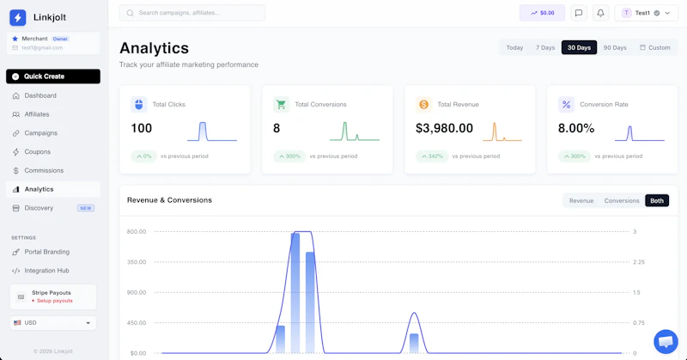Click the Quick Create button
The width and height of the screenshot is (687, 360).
(x=53, y=76)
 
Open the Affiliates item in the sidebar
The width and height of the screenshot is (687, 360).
(x=37, y=114)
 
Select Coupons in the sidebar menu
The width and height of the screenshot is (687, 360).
(x=37, y=152)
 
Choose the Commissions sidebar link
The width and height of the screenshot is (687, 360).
(x=44, y=171)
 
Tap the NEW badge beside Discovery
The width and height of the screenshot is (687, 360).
(x=86, y=208)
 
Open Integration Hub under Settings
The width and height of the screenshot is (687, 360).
(x=46, y=271)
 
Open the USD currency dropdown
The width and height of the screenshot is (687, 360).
(x=53, y=323)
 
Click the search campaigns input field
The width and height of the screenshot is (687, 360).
(x=192, y=13)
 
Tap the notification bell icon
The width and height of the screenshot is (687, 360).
(x=600, y=13)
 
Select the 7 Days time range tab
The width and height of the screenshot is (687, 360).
(x=545, y=47)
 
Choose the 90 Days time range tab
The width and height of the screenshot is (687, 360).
(x=615, y=47)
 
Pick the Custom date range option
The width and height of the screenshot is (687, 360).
(x=655, y=47)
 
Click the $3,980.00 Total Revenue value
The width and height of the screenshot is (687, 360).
(x=444, y=128)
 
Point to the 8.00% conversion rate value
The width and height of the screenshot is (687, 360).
(x=576, y=128)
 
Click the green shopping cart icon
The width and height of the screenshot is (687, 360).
(x=281, y=104)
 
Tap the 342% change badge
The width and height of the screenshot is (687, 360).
(x=432, y=156)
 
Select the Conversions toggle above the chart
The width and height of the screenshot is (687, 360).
(x=622, y=201)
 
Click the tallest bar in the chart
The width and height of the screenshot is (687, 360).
(x=295, y=293)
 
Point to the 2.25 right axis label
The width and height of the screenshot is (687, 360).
(x=639, y=262)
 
